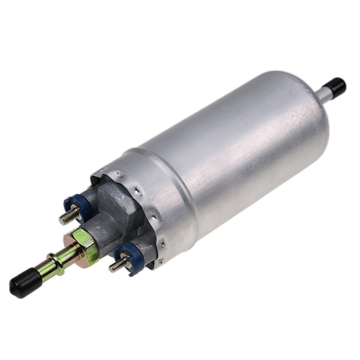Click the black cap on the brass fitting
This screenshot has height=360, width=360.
[25, 283]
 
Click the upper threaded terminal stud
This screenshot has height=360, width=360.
[69, 214]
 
